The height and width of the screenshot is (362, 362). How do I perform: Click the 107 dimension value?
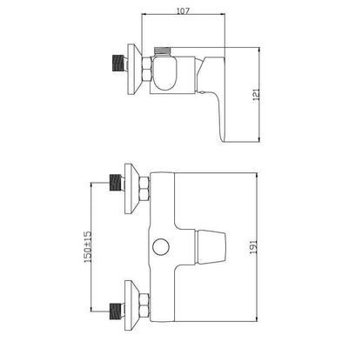182,11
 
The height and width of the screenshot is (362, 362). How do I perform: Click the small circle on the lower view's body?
159,247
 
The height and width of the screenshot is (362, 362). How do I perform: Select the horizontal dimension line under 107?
183,18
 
